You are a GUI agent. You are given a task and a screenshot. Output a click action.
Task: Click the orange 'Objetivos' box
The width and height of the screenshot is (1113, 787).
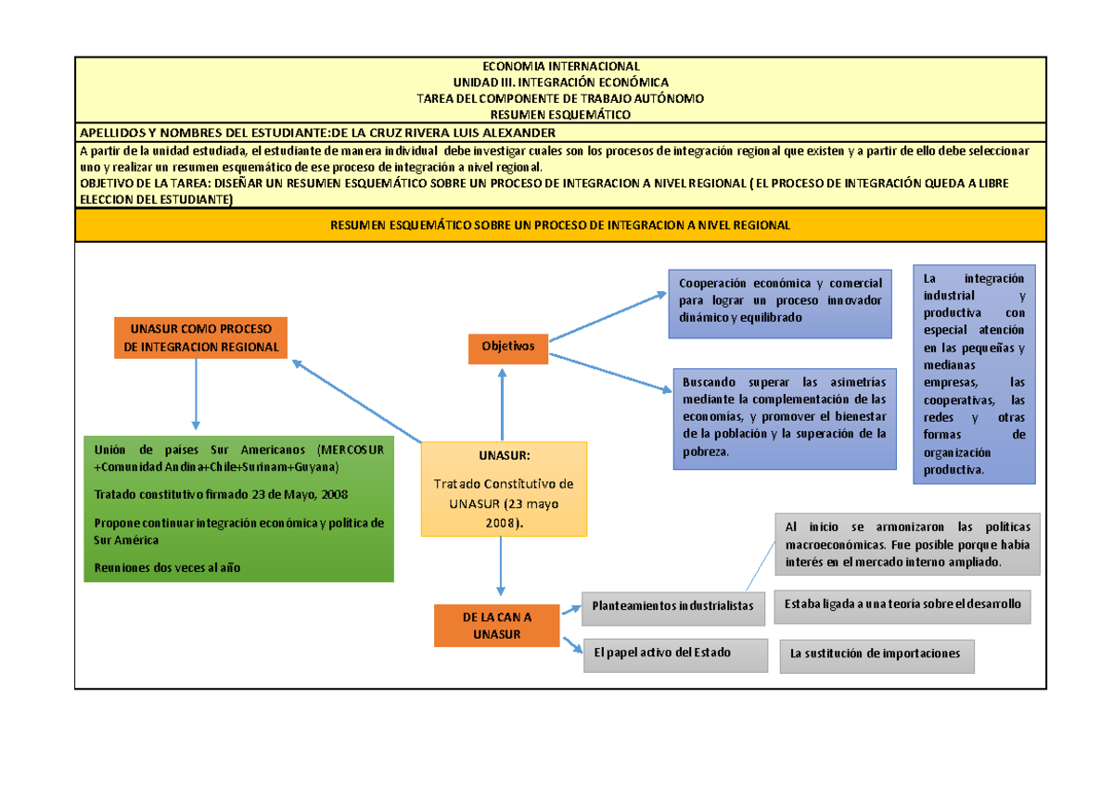click(508, 346)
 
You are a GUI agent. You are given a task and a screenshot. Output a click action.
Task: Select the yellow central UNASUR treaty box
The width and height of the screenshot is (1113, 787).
click(504, 489)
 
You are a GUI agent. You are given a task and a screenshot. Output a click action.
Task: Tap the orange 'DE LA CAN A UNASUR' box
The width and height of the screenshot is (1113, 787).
click(497, 625)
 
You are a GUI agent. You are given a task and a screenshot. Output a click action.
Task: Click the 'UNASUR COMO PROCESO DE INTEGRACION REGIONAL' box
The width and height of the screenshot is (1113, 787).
click(200, 337)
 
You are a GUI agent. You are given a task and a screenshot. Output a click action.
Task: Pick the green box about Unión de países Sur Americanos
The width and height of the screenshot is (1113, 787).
click(238, 508)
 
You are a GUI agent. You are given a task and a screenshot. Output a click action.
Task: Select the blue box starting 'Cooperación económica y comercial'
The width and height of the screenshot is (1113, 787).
click(779, 302)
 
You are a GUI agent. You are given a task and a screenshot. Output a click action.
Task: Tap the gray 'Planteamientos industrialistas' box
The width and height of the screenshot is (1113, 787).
click(674, 606)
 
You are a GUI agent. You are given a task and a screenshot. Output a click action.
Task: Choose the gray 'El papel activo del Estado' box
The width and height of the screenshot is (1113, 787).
click(674, 654)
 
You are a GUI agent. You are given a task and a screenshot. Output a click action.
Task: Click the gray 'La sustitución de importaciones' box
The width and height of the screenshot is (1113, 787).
click(876, 654)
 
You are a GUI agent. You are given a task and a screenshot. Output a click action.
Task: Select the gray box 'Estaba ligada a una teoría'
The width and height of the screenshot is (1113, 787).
click(902, 605)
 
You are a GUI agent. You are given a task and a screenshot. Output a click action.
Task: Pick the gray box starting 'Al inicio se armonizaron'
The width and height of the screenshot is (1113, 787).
click(906, 544)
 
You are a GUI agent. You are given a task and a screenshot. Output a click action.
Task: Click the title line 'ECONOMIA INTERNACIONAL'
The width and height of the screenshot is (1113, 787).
click(560, 67)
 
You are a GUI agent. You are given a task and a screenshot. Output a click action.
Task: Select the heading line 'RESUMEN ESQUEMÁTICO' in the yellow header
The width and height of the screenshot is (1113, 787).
click(560, 114)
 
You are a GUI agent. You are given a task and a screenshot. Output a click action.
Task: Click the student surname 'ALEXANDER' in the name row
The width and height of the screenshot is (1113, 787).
click(515, 133)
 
